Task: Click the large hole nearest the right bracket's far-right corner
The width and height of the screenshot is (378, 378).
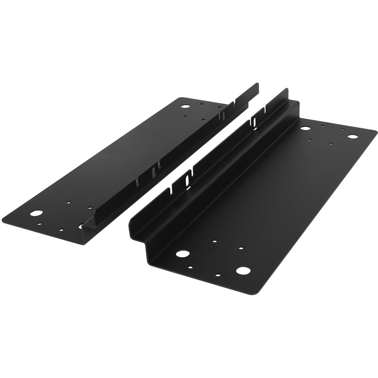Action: tap(352, 137)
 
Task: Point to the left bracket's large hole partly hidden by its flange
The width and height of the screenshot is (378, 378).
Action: tap(82, 226)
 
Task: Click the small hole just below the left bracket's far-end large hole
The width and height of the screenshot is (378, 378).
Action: tap(185, 116)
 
